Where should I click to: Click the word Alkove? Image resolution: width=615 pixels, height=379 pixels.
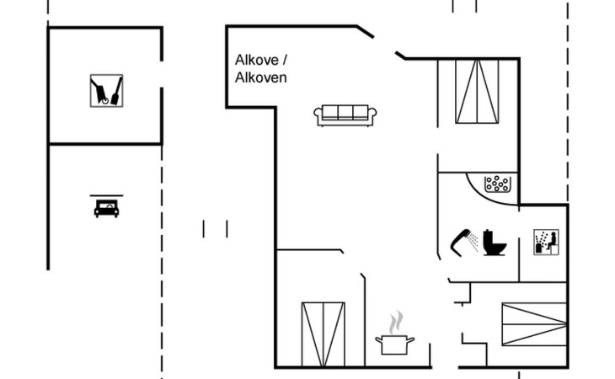(x=256, y=60)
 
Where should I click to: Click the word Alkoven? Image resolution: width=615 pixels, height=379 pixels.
(x=261, y=77)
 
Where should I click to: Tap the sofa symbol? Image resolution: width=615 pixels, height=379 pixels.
(x=345, y=115)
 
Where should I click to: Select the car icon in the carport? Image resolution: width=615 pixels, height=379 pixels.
(x=106, y=208)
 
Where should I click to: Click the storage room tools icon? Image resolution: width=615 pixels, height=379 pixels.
(x=107, y=90)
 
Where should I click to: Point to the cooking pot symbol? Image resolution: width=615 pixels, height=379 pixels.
(x=394, y=344)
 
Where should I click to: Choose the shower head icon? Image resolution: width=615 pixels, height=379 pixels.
(x=464, y=240)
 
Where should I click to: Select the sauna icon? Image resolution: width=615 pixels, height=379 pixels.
(x=546, y=243)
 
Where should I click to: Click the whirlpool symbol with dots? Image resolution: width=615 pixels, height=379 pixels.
(x=498, y=184)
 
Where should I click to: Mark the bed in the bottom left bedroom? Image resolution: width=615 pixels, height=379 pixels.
(x=323, y=334)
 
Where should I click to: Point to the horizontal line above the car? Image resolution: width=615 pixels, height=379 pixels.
(x=106, y=195)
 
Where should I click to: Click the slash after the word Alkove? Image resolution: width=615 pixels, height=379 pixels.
(x=285, y=60)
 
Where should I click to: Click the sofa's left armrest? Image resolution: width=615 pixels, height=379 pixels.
(x=318, y=117)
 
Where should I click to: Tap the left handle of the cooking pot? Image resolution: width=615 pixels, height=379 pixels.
(x=378, y=340)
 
